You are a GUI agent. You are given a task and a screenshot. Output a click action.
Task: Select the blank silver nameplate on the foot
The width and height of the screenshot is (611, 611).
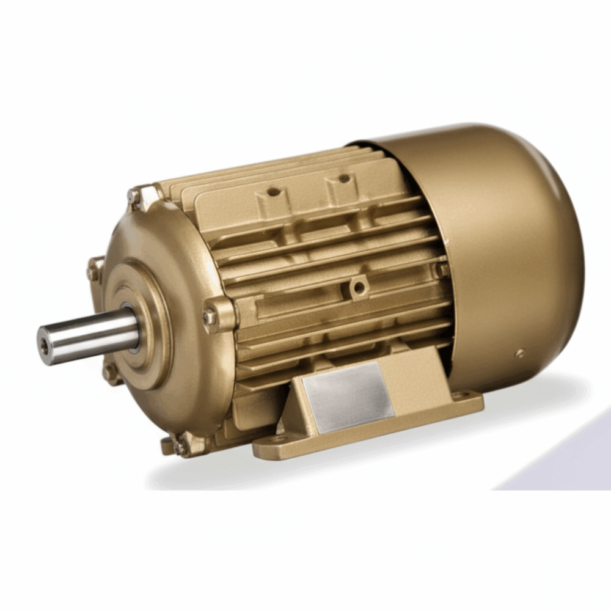(x=348, y=398)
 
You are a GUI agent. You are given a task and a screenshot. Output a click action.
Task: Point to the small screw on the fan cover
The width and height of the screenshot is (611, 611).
(x=520, y=353)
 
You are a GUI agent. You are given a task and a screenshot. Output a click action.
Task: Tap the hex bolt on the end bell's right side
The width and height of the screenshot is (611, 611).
(x=210, y=316)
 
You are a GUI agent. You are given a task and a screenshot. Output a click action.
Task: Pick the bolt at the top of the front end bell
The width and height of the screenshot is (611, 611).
(x=133, y=196)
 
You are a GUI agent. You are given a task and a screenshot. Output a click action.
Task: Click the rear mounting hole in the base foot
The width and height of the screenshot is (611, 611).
(x=458, y=395)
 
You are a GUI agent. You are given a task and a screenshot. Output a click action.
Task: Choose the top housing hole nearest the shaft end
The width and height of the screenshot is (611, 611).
(x=274, y=191)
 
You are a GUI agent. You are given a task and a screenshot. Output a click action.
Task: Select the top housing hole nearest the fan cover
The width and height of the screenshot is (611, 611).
(x=344, y=178)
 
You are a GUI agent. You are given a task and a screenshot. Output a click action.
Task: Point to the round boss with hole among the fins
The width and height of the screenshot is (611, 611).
(x=359, y=286)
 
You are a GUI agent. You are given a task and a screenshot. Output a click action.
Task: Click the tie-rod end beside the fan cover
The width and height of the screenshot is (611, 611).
(x=440, y=269)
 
